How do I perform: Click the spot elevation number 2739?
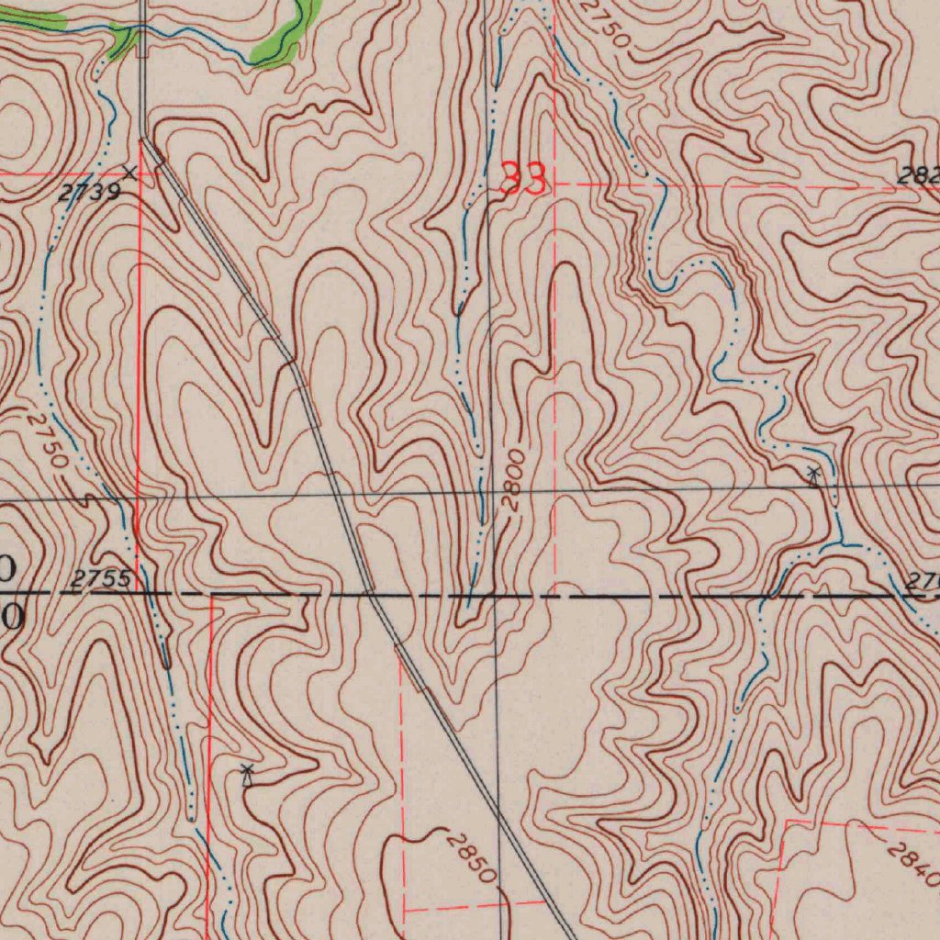(x=88, y=191)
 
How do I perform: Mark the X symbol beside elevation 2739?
(x=129, y=172)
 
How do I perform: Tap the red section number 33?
(x=523, y=179)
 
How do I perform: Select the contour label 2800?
(x=514, y=479)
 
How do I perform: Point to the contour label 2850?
(x=470, y=856)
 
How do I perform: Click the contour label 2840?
(x=914, y=863)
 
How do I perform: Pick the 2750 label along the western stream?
(x=46, y=439)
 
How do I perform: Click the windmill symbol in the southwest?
(x=246, y=774)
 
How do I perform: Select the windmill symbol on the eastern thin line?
(x=813, y=475)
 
